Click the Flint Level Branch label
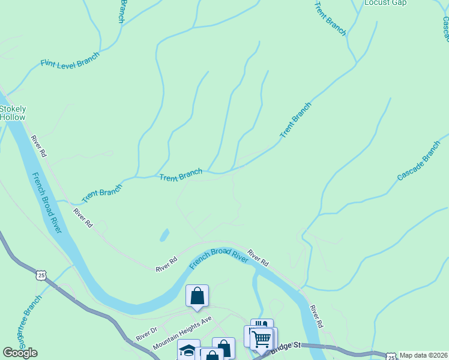pyautogui.click(x=70, y=62)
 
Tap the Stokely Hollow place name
pyautogui.click(x=13, y=113)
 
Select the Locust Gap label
pyautogui.click(x=385, y=3)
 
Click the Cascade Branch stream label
pyautogui.click(x=418, y=161)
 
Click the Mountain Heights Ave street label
pyautogui.click(x=182, y=333)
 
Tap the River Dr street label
pyautogui.click(x=146, y=334)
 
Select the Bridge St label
pyautogui.click(x=285, y=347)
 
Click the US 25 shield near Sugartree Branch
pyautogui.click(x=40, y=275)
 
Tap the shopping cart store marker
pyautogui.click(x=262, y=339)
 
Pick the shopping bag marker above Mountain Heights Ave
pyautogui.click(x=197, y=295)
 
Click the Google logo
pyautogui.click(x=20, y=353)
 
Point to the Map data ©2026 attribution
pyautogui.click(x=424, y=355)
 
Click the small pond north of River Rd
pyautogui.click(x=164, y=235)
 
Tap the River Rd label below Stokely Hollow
pyautogui.click(x=38, y=146)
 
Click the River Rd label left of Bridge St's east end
pyautogui.click(x=316, y=316)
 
